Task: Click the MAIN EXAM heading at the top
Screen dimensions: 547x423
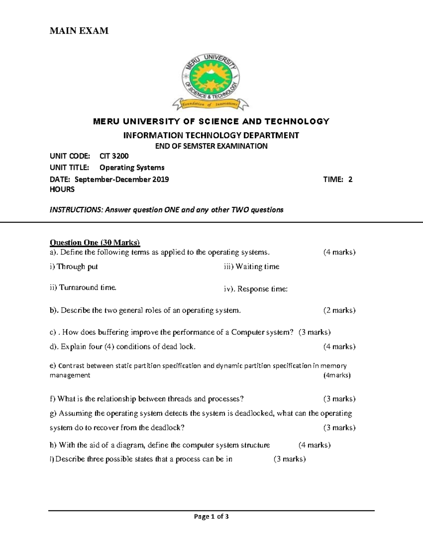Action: tap(79, 31)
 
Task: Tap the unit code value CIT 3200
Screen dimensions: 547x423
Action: tap(114, 156)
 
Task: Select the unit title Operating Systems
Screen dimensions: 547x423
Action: tap(132, 168)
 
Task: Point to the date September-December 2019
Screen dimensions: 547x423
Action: tap(122, 180)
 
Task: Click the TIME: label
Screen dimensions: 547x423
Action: tap(333, 180)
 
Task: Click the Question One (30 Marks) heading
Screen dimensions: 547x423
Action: tap(95, 242)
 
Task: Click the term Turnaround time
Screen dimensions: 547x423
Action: tap(87, 287)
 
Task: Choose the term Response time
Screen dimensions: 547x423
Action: tap(262, 289)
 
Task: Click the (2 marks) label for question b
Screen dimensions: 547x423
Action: tap(339, 310)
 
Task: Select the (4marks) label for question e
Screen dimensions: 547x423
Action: tap(337, 375)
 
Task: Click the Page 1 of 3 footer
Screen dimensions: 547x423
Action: tap(211, 517)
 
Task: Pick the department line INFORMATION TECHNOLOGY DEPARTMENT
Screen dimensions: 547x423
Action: tap(211, 135)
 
